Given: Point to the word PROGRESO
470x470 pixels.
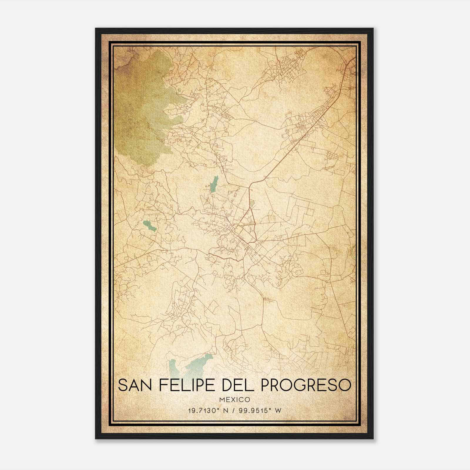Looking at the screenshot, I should pyautogui.click(x=305, y=385).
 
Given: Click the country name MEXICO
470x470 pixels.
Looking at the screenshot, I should pyautogui.click(x=235, y=400).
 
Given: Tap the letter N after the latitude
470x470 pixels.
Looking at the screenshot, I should pyautogui.click(x=226, y=410).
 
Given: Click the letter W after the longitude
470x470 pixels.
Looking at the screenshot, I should pyautogui.click(x=278, y=410).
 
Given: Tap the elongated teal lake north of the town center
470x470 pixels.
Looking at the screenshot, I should pyautogui.click(x=214, y=184).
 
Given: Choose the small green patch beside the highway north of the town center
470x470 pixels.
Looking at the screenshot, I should pyautogui.click(x=252, y=203).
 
